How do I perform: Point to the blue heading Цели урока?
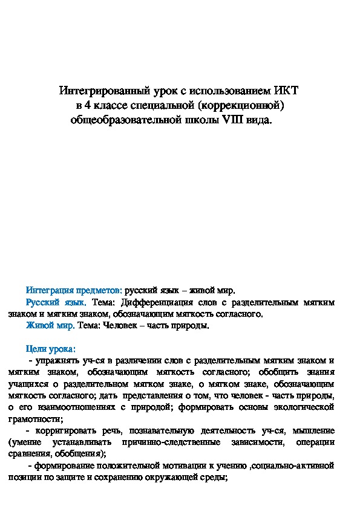tap(51, 349)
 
